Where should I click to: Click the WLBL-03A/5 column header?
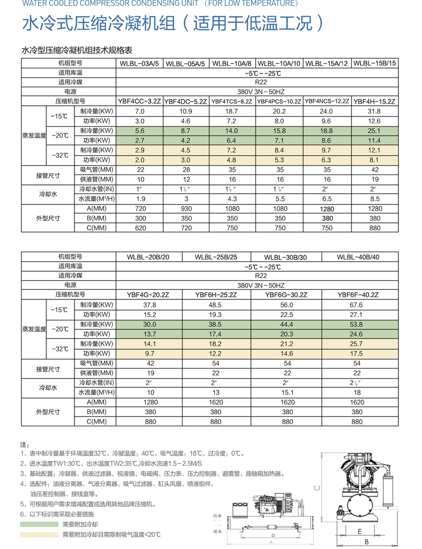click(x=140, y=64)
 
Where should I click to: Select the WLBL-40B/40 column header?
click(x=358, y=257)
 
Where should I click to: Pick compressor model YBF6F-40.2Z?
click(x=358, y=295)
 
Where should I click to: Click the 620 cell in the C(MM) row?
click(x=140, y=228)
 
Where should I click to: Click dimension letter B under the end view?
click(x=366, y=541)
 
